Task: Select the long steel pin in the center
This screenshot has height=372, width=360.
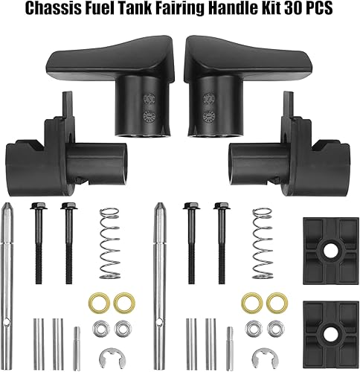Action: coord(158,268)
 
